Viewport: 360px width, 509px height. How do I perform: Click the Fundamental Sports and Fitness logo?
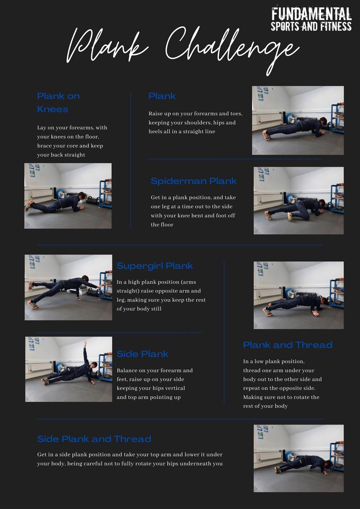311,19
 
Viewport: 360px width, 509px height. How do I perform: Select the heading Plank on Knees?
58,102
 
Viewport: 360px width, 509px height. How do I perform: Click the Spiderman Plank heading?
193,181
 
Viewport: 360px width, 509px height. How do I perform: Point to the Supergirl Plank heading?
155,266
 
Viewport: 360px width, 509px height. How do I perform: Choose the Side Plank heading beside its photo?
142,354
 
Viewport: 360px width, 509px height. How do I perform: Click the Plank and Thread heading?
287,345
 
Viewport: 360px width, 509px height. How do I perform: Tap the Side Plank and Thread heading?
94,439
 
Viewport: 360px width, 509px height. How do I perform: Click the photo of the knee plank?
68,196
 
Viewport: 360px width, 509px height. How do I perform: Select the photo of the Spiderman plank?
298,200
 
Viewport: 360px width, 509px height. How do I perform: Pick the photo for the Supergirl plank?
68,287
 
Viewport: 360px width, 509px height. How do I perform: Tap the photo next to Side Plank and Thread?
298,458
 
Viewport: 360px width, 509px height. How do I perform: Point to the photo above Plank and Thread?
298,295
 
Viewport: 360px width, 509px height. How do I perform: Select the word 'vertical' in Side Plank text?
174,388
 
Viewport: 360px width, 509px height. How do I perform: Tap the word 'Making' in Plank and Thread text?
252,397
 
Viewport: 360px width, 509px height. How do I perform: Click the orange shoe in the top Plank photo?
267,135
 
